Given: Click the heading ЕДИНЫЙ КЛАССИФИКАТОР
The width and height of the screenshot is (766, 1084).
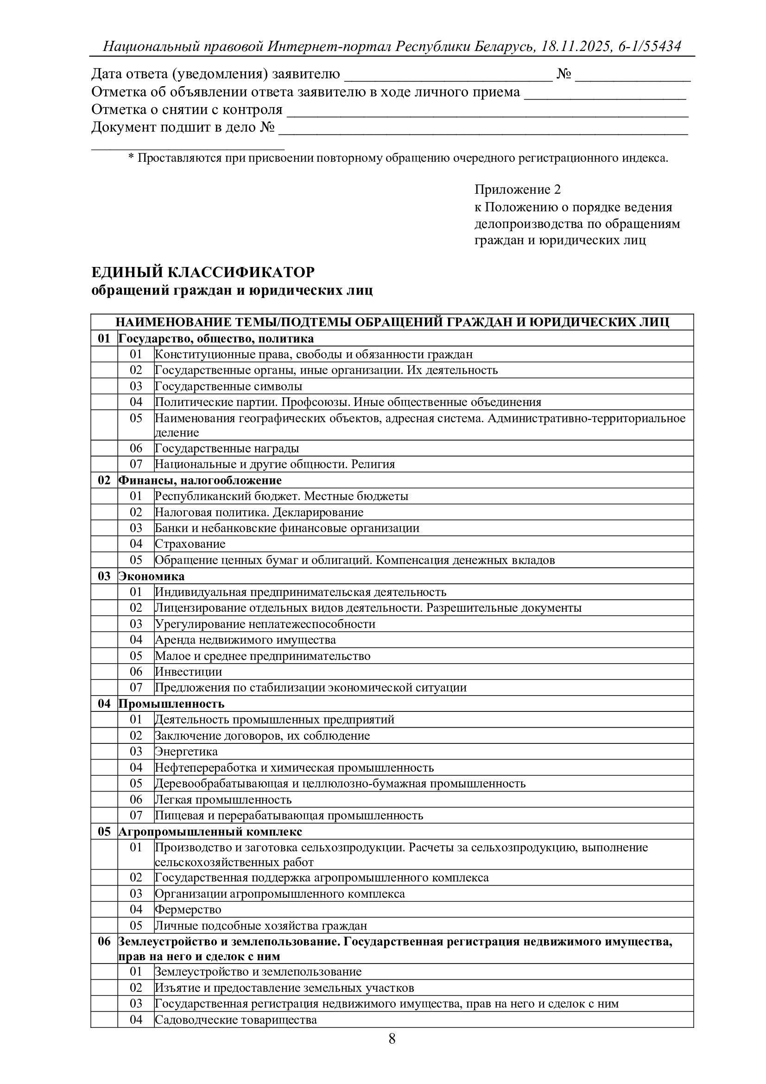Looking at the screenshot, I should point(203,273).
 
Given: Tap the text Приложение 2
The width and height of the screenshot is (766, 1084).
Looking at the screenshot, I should point(517,190).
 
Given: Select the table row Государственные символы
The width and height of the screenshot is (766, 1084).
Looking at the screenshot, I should point(228,386).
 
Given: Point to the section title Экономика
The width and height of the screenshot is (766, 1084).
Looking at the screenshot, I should point(152,576).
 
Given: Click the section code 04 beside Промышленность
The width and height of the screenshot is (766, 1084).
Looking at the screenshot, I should point(104,704).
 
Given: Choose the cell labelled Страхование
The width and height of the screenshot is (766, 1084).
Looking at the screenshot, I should point(190,544).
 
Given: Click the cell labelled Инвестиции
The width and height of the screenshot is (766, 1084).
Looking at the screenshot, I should point(188,672).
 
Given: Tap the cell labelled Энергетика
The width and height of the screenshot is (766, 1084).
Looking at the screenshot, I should point(186,751).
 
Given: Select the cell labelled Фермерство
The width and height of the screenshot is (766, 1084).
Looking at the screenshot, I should point(188,909).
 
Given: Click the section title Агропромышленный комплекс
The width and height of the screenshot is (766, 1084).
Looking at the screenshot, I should point(210,831).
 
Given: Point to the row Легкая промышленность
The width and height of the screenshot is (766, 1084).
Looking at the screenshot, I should point(223,799).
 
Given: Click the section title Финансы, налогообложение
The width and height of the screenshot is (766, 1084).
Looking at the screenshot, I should point(200,480).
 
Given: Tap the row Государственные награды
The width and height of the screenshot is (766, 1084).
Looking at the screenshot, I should point(227,448).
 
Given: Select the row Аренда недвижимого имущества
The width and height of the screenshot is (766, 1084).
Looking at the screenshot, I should point(246,640).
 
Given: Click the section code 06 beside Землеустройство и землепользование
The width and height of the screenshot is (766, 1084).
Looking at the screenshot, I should point(104,942).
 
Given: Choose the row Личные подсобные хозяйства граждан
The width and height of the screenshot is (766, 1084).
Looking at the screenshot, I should point(261,926).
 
